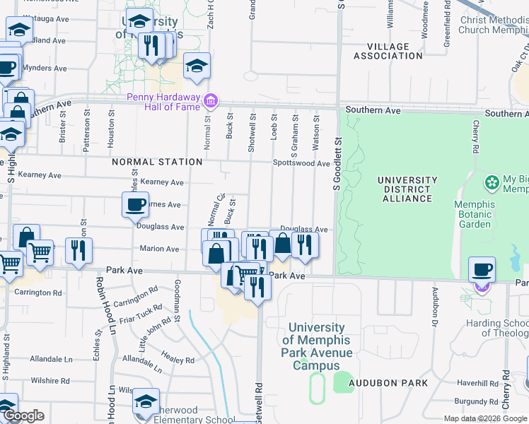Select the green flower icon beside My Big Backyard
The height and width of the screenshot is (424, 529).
click(x=492, y=183)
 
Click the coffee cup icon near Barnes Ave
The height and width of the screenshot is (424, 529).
click(x=135, y=205)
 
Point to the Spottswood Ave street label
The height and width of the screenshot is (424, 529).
click(x=302, y=163)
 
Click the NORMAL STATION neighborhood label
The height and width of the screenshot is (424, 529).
click(x=158, y=162)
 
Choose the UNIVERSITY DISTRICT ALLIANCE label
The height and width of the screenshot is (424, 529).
click(x=404, y=189)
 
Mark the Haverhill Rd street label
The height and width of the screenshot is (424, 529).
click(x=477, y=383)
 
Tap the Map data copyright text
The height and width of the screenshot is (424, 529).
click(x=486, y=419)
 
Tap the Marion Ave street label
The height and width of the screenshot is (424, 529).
click(x=159, y=249)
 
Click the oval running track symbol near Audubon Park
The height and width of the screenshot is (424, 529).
click(x=316, y=388)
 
